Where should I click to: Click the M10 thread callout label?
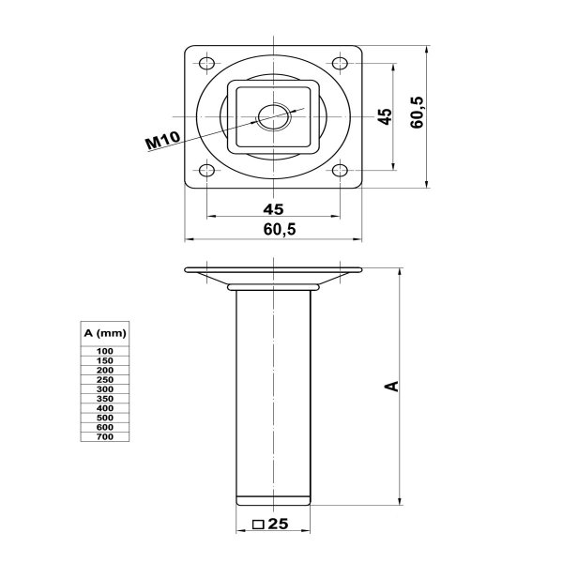[162, 141]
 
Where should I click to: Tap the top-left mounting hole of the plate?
[206, 64]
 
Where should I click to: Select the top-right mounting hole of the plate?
[340, 64]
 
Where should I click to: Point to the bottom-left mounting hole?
[206, 170]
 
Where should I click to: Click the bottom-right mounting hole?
[340, 170]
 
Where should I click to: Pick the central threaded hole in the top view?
[274, 116]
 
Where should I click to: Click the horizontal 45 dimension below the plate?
[273, 209]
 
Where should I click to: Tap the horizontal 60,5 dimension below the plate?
[280, 229]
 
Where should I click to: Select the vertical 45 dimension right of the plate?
[386, 116]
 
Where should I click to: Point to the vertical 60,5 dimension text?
[417, 113]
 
